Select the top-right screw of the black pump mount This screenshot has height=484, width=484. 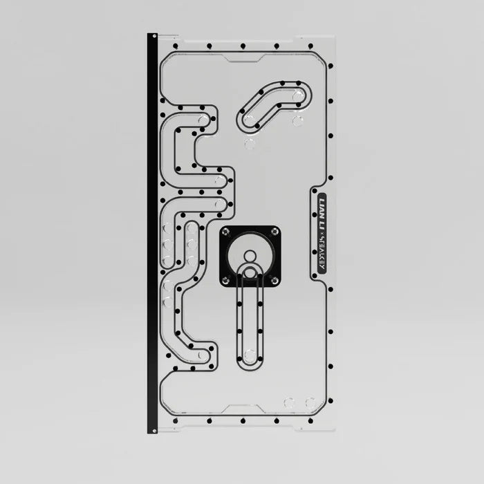274,232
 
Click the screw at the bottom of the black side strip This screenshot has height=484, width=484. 152,430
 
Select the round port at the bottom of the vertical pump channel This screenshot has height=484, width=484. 250,355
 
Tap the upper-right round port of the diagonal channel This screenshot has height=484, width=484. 297,97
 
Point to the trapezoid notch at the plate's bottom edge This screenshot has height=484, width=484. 242,409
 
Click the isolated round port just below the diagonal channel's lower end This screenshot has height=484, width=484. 249,144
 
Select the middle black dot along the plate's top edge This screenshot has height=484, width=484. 242,46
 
